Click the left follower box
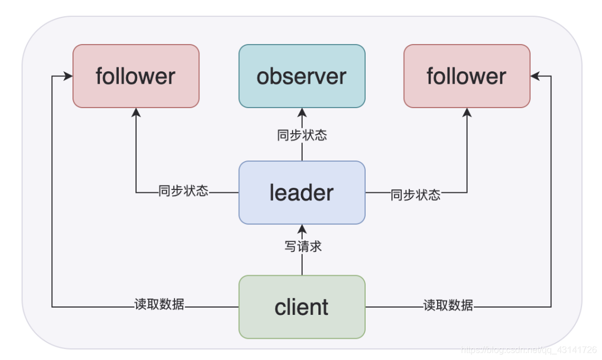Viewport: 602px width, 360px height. click(135, 76)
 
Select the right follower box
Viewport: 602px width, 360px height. click(467, 76)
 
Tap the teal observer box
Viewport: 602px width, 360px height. click(302, 76)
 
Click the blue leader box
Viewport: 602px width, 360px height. click(302, 193)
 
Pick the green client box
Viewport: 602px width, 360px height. click(302, 307)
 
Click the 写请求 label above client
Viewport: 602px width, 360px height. click(303, 246)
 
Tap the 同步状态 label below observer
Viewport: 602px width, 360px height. click(302, 135)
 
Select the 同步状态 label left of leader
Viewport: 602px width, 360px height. click(183, 191)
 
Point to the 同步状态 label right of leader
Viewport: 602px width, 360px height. click(416, 194)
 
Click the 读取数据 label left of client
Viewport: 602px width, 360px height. click(159, 304)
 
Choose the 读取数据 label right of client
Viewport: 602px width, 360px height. click(448, 305)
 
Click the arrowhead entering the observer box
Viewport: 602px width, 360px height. click(302, 112)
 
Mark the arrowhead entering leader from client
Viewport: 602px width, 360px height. click(302, 228)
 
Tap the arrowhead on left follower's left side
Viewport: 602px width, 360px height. click(69, 76)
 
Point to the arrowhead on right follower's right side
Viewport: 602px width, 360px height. click(535, 76)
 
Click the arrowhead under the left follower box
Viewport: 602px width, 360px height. click(136, 112)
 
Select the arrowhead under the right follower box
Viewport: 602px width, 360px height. click(467, 112)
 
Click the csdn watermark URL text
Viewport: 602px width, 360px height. click(528, 350)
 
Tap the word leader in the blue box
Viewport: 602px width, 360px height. click(302, 193)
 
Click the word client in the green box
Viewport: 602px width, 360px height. click(302, 307)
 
